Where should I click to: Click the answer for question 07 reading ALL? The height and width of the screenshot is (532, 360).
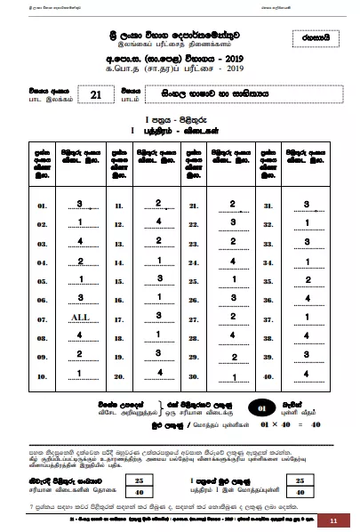80,317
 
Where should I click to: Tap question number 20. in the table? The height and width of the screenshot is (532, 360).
118,375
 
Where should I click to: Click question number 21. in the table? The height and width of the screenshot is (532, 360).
193,206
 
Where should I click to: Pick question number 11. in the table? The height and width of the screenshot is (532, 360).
118,206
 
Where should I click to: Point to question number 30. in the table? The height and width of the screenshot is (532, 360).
193,375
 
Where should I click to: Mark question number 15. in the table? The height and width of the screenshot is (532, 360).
118,280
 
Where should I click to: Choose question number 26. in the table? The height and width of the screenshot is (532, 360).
193,299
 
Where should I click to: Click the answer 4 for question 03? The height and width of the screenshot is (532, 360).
80,241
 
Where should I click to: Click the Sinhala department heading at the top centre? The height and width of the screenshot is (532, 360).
180,29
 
